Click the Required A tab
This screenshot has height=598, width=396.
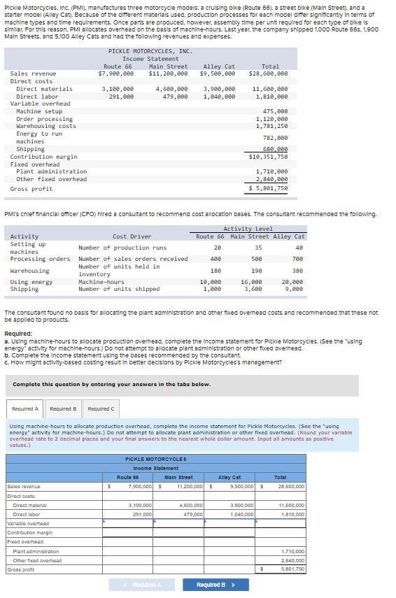26,408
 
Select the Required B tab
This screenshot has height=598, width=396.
64,408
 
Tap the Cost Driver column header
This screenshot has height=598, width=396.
132,236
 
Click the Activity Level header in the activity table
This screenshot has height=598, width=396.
248,229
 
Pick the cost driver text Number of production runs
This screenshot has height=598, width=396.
122,248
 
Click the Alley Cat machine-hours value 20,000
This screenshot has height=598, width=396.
292,282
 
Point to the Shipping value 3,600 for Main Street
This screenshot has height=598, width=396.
252,289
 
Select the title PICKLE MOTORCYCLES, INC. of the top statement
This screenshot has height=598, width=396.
150,51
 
